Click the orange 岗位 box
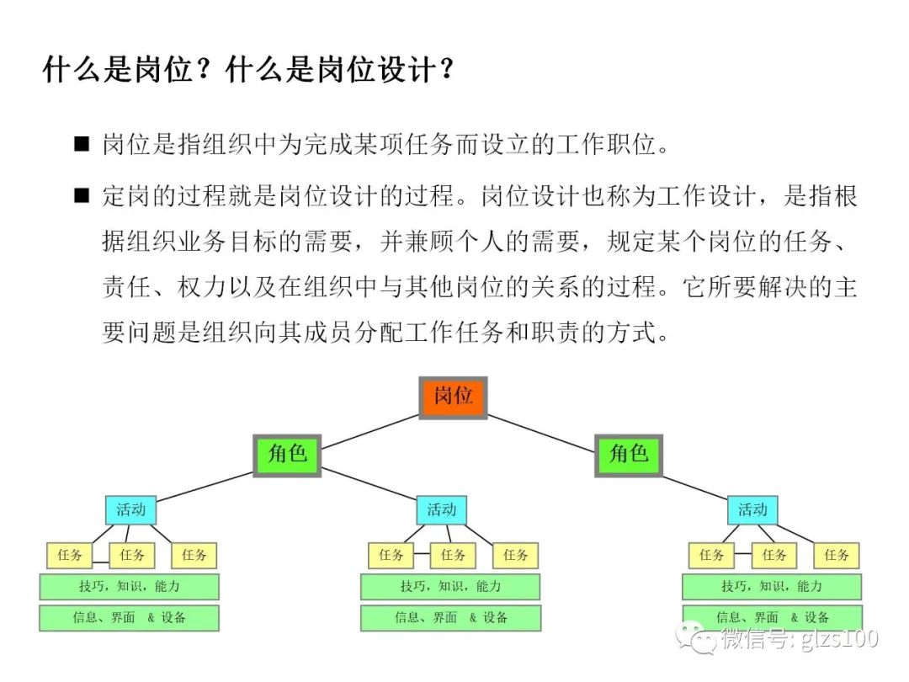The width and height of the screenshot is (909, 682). click(x=454, y=397)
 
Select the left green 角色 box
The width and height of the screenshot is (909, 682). click(x=287, y=455)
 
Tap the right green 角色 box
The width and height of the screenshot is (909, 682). click(x=629, y=455)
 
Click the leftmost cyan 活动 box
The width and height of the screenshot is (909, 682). click(x=130, y=509)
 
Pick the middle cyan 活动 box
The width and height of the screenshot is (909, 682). click(x=441, y=509)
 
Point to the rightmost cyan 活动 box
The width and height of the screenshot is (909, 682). click(x=752, y=509)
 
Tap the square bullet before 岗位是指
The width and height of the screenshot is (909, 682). click(x=82, y=144)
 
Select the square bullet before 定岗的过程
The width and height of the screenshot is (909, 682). click(x=82, y=196)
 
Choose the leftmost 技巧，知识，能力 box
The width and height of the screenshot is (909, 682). click(x=130, y=586)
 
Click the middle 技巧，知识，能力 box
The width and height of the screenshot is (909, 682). click(x=450, y=586)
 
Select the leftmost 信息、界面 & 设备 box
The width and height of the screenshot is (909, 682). click(x=130, y=618)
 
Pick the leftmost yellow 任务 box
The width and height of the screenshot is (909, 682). click(x=69, y=556)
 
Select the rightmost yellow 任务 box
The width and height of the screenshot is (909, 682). click(x=837, y=556)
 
